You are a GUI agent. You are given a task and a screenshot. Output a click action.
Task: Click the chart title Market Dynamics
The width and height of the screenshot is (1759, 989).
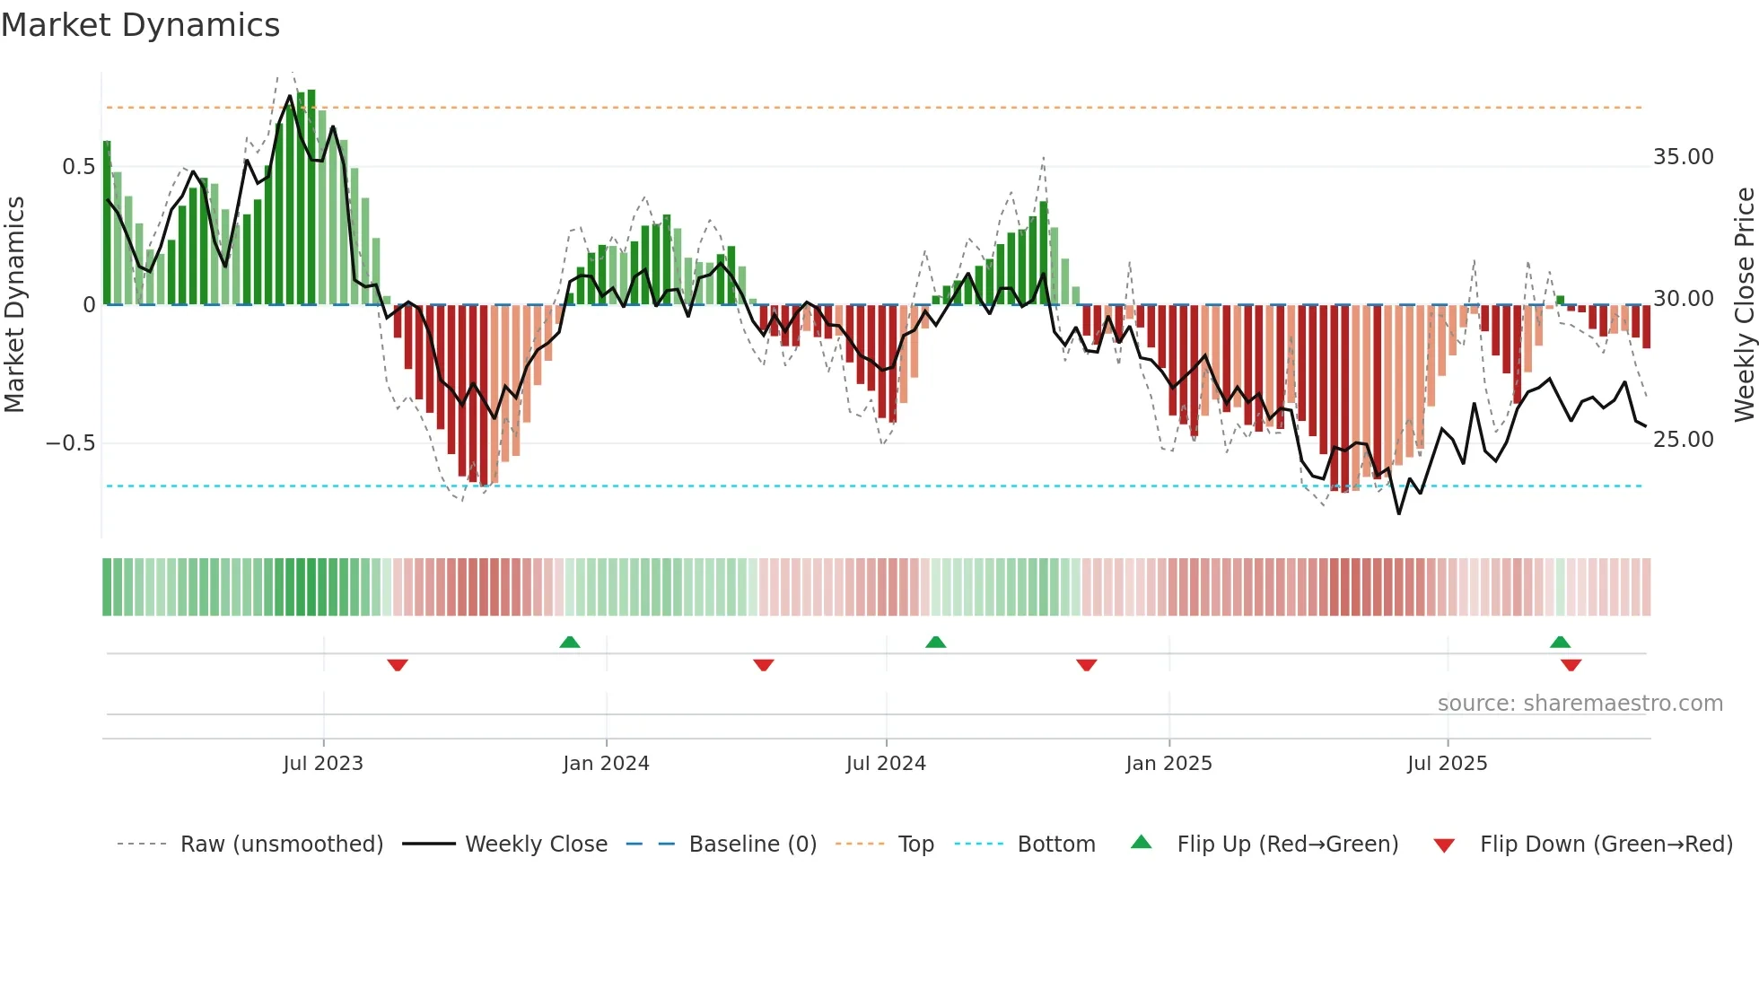141,25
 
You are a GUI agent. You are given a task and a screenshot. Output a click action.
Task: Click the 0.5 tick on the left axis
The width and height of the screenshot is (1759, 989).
78,167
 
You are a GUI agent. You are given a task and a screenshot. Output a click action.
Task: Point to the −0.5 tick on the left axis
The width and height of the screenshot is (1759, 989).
70,443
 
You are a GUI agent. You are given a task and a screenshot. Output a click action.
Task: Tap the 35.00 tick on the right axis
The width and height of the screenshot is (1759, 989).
1684,157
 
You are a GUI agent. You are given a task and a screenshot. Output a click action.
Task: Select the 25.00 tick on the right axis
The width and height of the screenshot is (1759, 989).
1684,440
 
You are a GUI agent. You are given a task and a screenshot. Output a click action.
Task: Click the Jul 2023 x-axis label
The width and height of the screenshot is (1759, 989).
323,764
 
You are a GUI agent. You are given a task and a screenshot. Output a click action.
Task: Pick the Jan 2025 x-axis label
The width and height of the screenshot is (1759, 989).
1168,764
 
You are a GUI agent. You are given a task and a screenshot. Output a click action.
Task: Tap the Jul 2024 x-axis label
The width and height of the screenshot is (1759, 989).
886,764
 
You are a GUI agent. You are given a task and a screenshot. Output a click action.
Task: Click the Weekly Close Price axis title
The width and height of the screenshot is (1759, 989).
1744,305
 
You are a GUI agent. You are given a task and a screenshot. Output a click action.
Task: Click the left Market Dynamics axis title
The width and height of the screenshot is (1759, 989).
14,305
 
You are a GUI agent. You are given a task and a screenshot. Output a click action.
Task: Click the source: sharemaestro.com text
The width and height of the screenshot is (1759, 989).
1580,704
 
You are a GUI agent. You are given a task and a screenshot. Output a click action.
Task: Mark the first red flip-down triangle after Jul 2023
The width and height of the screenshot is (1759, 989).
398,665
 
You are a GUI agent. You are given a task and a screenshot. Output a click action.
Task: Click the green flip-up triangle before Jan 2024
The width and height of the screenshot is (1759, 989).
570,642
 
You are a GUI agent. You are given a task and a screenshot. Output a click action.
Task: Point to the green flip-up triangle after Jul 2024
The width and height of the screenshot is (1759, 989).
935,642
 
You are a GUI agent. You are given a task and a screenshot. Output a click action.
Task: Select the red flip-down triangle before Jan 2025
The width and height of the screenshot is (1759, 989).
1086,665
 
